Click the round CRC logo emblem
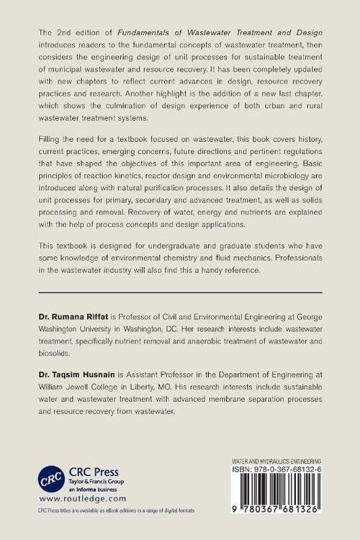point(48,479)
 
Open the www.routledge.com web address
point(82,498)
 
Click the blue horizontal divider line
point(179,292)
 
